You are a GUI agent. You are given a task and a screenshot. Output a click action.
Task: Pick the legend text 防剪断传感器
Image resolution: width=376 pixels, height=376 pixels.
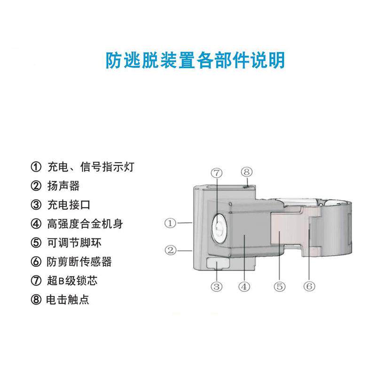pyautogui.click(x=79, y=262)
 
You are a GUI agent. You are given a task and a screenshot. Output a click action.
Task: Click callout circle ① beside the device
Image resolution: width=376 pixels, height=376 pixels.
pyautogui.click(x=170, y=223)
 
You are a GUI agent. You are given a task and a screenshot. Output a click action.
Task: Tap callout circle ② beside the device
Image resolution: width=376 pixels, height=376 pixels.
pyautogui.click(x=170, y=250)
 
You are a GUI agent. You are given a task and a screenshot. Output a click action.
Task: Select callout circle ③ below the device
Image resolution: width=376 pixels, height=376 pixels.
pyautogui.click(x=216, y=286)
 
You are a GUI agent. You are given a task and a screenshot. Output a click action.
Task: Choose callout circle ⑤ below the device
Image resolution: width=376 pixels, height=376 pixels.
pyautogui.click(x=279, y=286)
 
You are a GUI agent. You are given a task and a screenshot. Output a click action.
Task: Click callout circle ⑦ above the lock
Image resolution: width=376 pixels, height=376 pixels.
pyautogui.click(x=216, y=172)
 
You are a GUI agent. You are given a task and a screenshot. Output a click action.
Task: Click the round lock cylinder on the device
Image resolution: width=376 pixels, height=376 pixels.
pyautogui.click(x=219, y=229)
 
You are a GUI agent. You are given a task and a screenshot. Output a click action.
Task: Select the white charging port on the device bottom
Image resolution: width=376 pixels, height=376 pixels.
pyautogui.click(x=216, y=263)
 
